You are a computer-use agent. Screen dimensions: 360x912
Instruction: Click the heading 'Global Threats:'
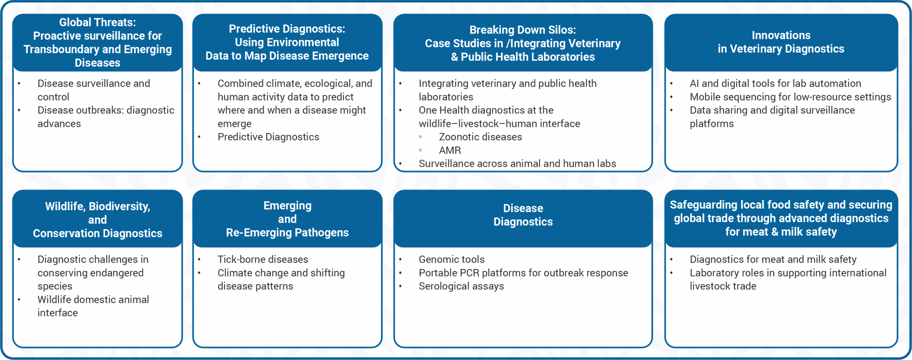(x=97, y=22)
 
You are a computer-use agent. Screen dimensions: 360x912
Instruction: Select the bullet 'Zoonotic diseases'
(x=480, y=137)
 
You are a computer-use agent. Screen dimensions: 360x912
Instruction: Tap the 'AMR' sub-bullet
(x=450, y=150)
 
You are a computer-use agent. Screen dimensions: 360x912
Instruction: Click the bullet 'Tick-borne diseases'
(x=263, y=259)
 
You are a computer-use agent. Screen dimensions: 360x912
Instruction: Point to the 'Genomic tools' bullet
(x=451, y=259)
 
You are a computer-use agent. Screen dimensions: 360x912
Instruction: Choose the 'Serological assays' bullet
(x=461, y=286)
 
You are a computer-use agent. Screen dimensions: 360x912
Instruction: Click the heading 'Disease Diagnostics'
(x=523, y=215)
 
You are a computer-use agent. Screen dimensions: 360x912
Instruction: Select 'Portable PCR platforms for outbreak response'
(x=523, y=273)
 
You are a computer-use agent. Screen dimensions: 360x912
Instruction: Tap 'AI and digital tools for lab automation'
(x=775, y=83)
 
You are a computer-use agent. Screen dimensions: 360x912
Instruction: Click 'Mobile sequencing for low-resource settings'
(x=790, y=97)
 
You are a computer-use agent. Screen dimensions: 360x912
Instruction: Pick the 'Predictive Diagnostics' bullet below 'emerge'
(x=268, y=137)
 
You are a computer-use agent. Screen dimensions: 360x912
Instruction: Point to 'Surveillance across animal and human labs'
(x=517, y=164)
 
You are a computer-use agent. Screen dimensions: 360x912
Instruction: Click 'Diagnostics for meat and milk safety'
(x=773, y=259)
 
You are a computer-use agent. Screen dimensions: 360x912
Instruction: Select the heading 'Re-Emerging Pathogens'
(x=287, y=233)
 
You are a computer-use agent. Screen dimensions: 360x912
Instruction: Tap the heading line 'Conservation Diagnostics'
(x=97, y=233)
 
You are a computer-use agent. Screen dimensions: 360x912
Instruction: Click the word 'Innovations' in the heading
(x=781, y=35)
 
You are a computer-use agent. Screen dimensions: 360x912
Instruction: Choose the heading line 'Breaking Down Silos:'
(x=522, y=30)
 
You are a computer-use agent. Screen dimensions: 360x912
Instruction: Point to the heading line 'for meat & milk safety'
(x=781, y=232)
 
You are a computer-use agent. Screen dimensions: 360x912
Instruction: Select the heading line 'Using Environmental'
(x=287, y=42)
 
